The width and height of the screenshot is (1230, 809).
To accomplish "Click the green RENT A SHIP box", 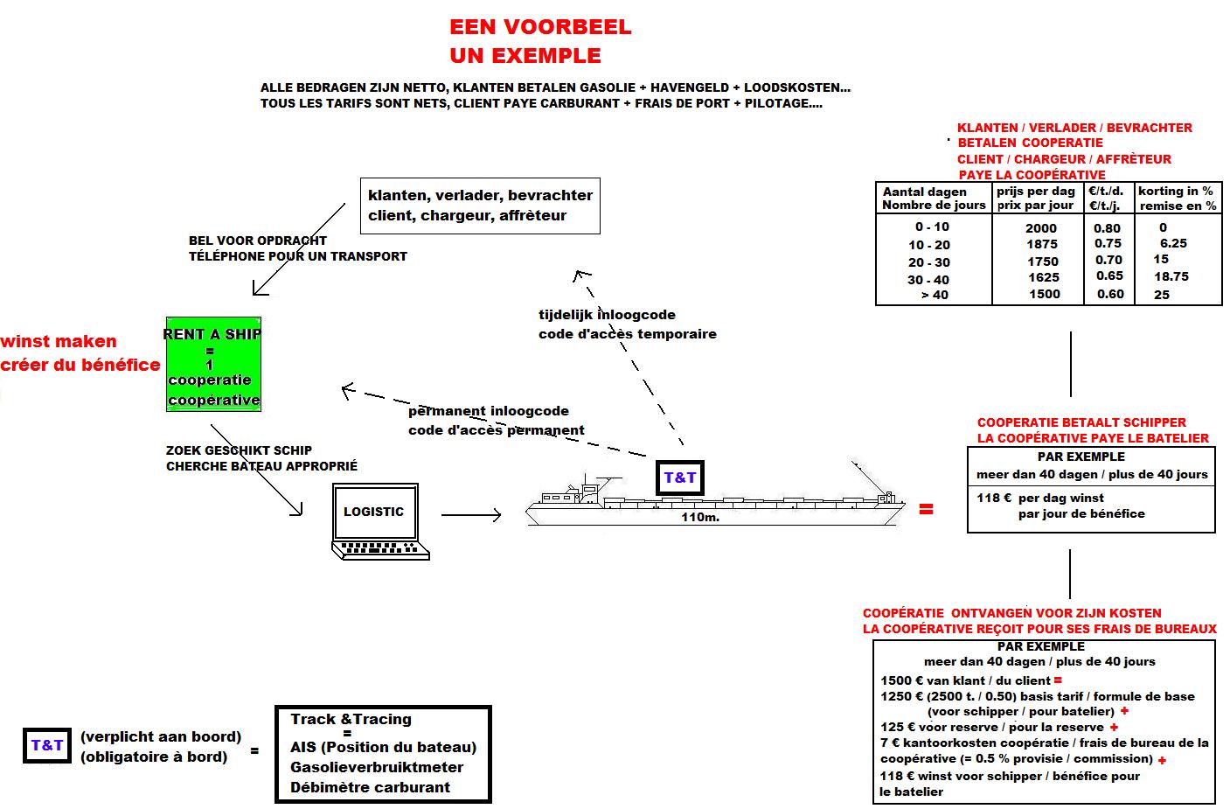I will point(213,365).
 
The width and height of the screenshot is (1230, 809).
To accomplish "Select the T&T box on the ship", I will point(680,478).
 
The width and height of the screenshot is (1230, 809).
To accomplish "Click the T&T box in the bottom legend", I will point(47,745).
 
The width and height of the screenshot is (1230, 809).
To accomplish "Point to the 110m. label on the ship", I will point(699,517).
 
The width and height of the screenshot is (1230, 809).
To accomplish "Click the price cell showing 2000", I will point(1041,228).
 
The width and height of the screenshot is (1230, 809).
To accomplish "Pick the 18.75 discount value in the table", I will point(1171,276).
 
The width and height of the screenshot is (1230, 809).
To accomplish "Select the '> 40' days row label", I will point(934,296).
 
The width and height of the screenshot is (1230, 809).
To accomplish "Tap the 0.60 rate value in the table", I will point(1109,294).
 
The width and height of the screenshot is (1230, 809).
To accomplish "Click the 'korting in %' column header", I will point(1176,191).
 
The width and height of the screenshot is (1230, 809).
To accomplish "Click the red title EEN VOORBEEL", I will point(540,27).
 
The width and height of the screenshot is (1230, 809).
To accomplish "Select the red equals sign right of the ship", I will point(926,509).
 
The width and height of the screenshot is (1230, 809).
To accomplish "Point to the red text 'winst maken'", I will point(59,342).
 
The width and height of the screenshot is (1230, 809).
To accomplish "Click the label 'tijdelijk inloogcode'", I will point(607,315).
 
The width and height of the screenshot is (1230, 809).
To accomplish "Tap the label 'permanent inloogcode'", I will point(488,411).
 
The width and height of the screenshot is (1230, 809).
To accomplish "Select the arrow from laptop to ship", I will point(470,515).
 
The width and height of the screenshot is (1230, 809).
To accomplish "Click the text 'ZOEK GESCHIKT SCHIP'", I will point(239,450).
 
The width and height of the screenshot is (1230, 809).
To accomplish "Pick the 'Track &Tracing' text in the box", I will point(351,719).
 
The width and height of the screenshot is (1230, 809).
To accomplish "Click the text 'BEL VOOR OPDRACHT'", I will point(257,241).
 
